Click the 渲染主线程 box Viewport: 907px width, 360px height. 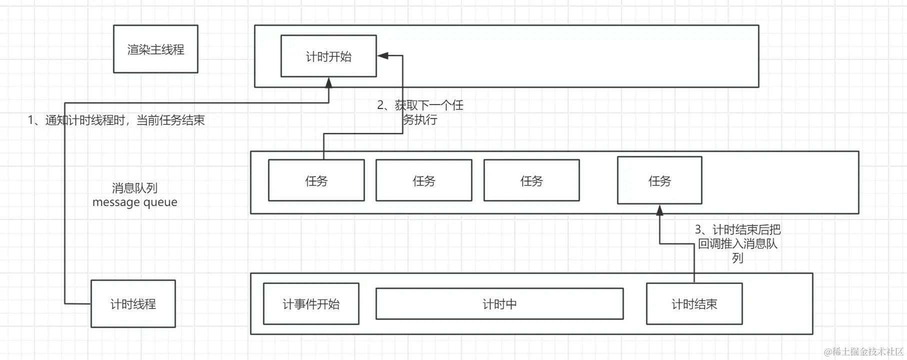pyautogui.click(x=155, y=49)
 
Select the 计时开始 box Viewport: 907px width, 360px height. pyautogui.click(x=328, y=56)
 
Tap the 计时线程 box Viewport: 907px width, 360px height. pyautogui.click(x=133, y=303)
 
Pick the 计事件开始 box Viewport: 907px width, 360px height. pyautogui.click(x=311, y=303)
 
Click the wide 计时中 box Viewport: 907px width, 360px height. pyautogui.click(x=499, y=303)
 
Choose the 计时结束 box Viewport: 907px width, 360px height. pyautogui.click(x=694, y=303)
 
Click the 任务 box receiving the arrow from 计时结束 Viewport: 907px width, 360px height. pyautogui.click(x=659, y=180)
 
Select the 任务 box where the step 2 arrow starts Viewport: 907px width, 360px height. pyautogui.click(x=316, y=180)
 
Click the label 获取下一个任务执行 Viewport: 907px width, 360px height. pyautogui.click(x=420, y=112)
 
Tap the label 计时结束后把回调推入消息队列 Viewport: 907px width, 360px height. pyautogui.click(x=737, y=243)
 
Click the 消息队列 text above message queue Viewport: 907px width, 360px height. pyautogui.click(x=134, y=188)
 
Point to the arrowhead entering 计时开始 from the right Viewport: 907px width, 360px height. pyautogui.click(x=382, y=55)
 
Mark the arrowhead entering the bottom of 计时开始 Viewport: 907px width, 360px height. pyautogui.click(x=328, y=82)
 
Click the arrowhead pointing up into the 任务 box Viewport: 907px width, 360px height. pyautogui.click(x=659, y=209)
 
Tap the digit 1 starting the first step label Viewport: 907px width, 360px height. pyautogui.click(x=31, y=120)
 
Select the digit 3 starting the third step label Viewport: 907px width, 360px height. pyautogui.click(x=698, y=229)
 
